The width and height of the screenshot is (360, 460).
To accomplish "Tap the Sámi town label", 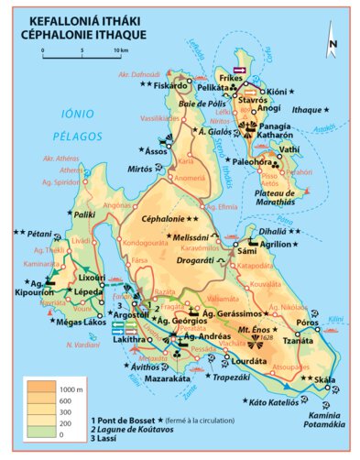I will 246,249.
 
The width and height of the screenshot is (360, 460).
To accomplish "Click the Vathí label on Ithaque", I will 290,148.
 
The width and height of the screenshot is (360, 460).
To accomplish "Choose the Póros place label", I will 307,323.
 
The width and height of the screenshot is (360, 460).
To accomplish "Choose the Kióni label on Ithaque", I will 277,92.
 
